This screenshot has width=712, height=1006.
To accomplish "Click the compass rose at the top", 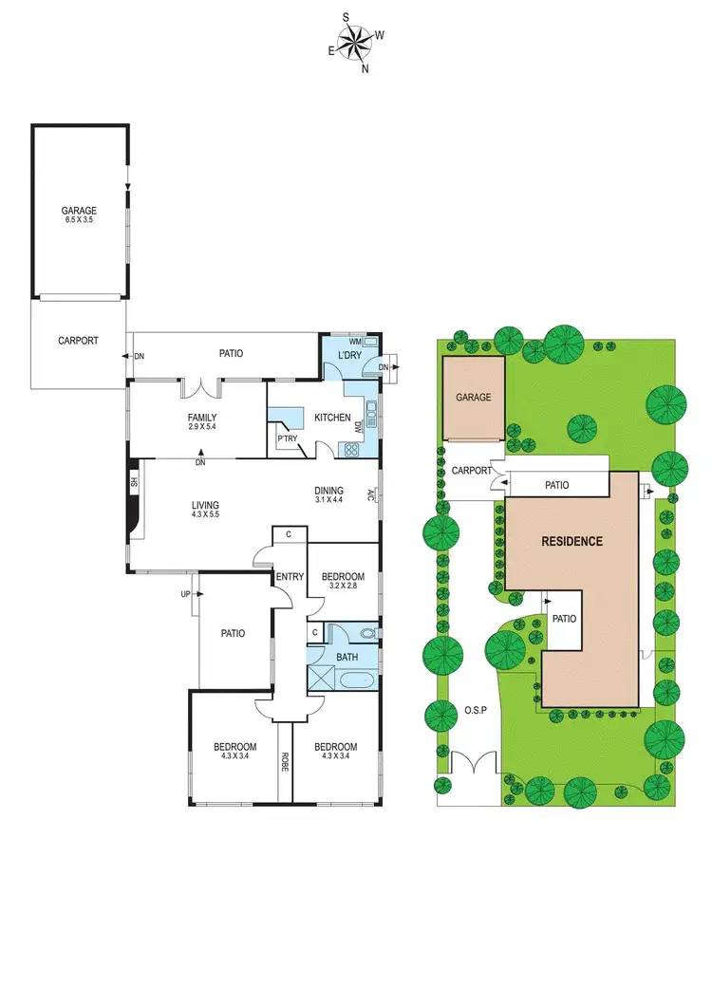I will [356, 42].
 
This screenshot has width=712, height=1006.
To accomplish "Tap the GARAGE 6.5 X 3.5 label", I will [80, 215].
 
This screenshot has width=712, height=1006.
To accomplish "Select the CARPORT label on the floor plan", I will [78, 340].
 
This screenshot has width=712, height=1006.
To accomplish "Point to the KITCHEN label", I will [332, 418].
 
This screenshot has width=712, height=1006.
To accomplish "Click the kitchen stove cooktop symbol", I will [350, 450].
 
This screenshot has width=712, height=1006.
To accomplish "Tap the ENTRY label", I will [289, 577].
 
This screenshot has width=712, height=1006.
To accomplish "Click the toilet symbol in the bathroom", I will [369, 631].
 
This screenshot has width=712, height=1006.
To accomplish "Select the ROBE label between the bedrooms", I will [284, 760].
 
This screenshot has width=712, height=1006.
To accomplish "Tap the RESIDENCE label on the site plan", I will [571, 542].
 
